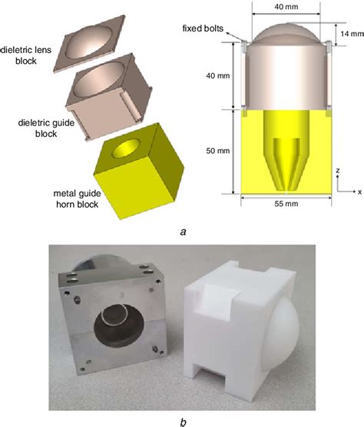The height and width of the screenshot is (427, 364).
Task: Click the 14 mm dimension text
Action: [x=346, y=35]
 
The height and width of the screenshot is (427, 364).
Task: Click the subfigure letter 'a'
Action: [x=182, y=229]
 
